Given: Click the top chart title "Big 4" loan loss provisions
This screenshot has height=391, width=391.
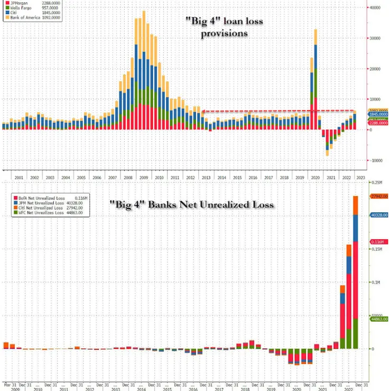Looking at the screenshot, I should [x=224, y=26].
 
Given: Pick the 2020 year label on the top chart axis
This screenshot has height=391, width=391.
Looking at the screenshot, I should [x=315, y=177].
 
